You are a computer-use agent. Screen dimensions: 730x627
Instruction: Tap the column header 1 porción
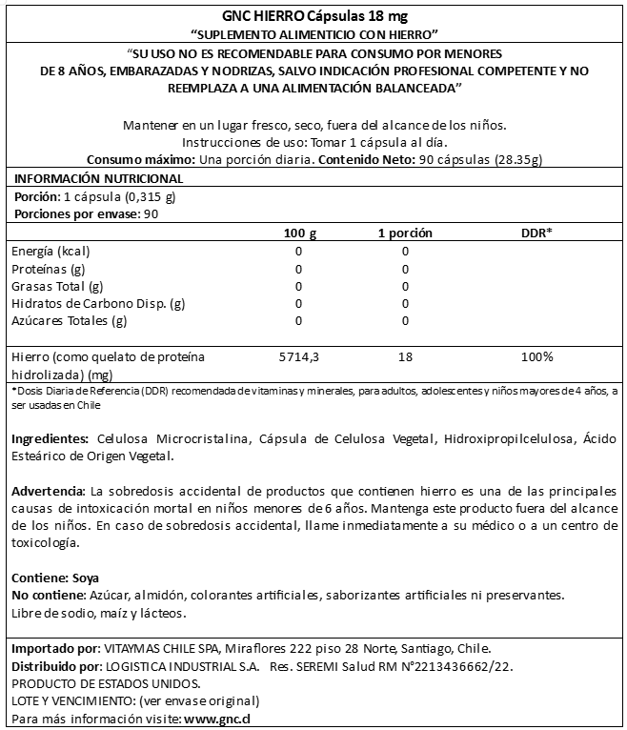405,233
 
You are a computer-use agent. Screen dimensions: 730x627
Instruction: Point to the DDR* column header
537,233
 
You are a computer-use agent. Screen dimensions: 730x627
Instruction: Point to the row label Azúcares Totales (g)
69,320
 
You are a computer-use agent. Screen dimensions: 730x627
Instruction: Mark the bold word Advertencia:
50,490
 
